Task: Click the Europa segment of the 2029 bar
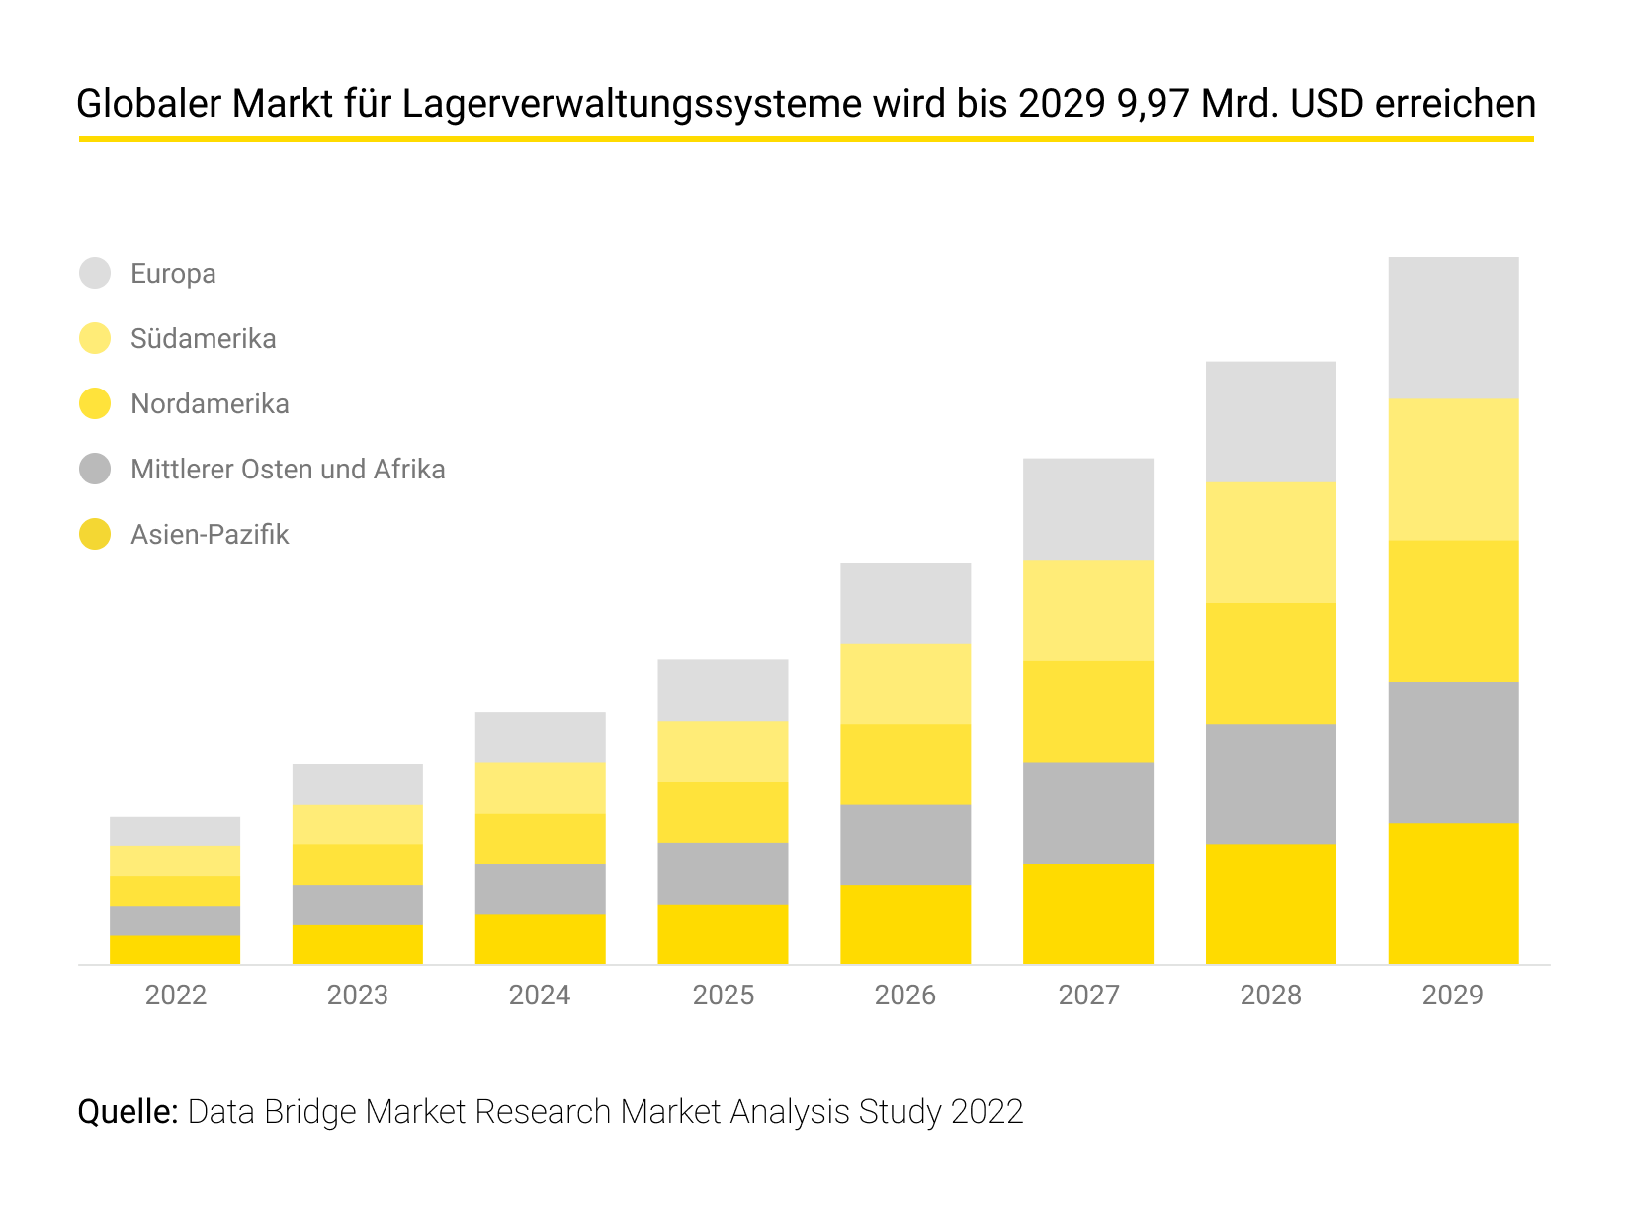(x=1453, y=328)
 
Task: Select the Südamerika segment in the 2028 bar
(x=1270, y=543)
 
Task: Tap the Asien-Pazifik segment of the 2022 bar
(x=175, y=950)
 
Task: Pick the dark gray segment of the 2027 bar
(x=1087, y=813)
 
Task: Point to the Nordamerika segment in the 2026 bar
(x=905, y=764)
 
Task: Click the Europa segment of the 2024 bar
(x=540, y=737)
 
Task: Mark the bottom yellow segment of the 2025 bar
(x=723, y=934)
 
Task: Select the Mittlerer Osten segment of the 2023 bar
(x=357, y=905)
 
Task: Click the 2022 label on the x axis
(x=176, y=995)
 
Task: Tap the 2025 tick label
(x=723, y=995)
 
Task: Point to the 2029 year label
(x=1452, y=995)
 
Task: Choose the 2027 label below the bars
(x=1088, y=995)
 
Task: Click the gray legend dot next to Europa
(x=95, y=273)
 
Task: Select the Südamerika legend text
(x=204, y=339)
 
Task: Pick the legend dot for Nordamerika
(x=95, y=403)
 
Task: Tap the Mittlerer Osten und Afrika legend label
(x=288, y=470)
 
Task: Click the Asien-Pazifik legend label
(x=210, y=535)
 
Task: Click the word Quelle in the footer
(x=128, y=1112)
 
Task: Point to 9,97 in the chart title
(x=1153, y=104)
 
